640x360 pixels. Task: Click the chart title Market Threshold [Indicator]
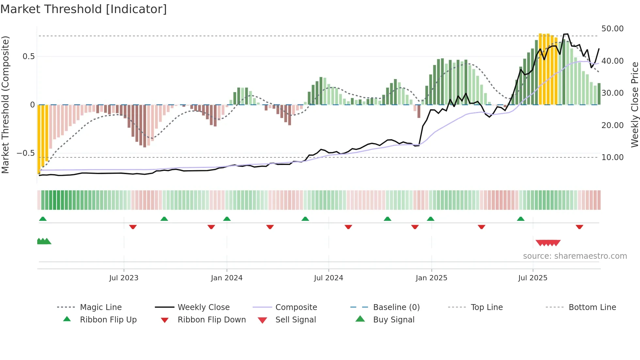click(x=84, y=9)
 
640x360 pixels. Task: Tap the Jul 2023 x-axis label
click(x=124, y=278)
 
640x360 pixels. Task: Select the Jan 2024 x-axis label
click(x=227, y=278)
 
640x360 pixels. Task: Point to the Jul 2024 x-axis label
click(x=328, y=278)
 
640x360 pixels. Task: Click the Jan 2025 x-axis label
click(x=431, y=278)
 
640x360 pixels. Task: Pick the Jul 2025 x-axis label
click(x=533, y=278)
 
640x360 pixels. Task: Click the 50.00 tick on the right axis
click(x=612, y=29)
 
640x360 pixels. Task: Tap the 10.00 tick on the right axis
click(x=612, y=157)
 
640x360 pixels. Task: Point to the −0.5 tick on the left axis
click(x=26, y=153)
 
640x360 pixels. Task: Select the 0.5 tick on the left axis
click(x=28, y=57)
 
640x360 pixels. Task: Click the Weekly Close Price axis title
click(x=634, y=105)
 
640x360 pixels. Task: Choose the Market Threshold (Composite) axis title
click(x=5, y=105)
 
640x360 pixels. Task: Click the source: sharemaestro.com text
click(x=575, y=256)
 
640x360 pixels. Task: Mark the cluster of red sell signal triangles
click(x=548, y=243)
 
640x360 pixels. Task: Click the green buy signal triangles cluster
click(x=44, y=241)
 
